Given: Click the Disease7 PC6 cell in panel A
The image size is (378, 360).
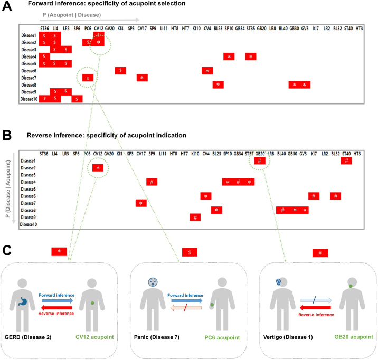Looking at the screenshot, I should (x=88, y=78).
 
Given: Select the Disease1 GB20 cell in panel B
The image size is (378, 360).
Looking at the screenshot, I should (x=259, y=160).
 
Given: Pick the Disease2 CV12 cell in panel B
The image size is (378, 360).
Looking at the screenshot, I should (x=98, y=168).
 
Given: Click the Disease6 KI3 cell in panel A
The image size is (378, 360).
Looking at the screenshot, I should (x=120, y=70).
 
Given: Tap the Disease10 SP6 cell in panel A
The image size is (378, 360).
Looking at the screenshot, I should (x=77, y=98).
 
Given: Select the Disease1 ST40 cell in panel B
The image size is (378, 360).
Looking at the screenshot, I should (x=346, y=160).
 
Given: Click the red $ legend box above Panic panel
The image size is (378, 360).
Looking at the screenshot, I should (x=190, y=253).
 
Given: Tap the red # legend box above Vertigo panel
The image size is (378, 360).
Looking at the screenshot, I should (x=320, y=253).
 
